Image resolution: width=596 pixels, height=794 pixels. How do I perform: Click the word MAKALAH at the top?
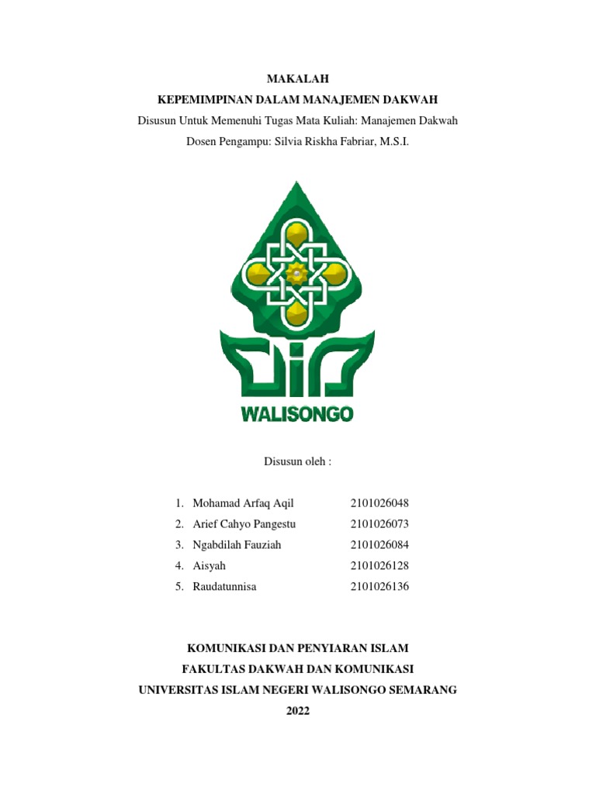pyautogui.click(x=298, y=78)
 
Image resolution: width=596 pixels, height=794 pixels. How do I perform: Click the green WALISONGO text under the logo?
pyautogui.click(x=297, y=414)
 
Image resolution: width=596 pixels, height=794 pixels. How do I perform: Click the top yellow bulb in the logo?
pyautogui.click(x=296, y=233)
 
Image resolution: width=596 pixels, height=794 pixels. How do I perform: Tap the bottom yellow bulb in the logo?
pyautogui.click(x=296, y=312)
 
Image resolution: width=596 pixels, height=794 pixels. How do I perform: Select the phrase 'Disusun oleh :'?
pyautogui.click(x=298, y=461)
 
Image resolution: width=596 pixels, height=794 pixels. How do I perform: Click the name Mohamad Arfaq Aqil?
pyautogui.click(x=243, y=503)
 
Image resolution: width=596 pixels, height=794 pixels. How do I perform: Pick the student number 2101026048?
pyautogui.click(x=379, y=503)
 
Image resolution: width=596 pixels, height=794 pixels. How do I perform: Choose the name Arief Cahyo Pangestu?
pyautogui.click(x=244, y=524)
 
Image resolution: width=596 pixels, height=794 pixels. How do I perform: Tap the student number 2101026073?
pyautogui.click(x=379, y=524)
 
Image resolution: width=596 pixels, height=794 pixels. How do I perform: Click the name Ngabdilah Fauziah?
pyautogui.click(x=237, y=545)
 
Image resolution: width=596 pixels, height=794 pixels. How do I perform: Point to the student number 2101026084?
pyautogui.click(x=379, y=545)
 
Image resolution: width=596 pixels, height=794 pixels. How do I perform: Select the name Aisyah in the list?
pyautogui.click(x=209, y=566)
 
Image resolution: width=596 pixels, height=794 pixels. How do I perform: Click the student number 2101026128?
pyautogui.click(x=379, y=566)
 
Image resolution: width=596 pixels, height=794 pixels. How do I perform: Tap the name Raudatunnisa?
pyautogui.click(x=224, y=587)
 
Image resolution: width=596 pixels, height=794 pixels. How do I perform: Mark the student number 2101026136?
pyautogui.click(x=379, y=587)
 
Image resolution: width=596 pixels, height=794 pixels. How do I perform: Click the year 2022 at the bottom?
pyautogui.click(x=298, y=710)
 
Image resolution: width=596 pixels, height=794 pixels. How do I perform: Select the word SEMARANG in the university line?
pyautogui.click(x=418, y=689)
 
